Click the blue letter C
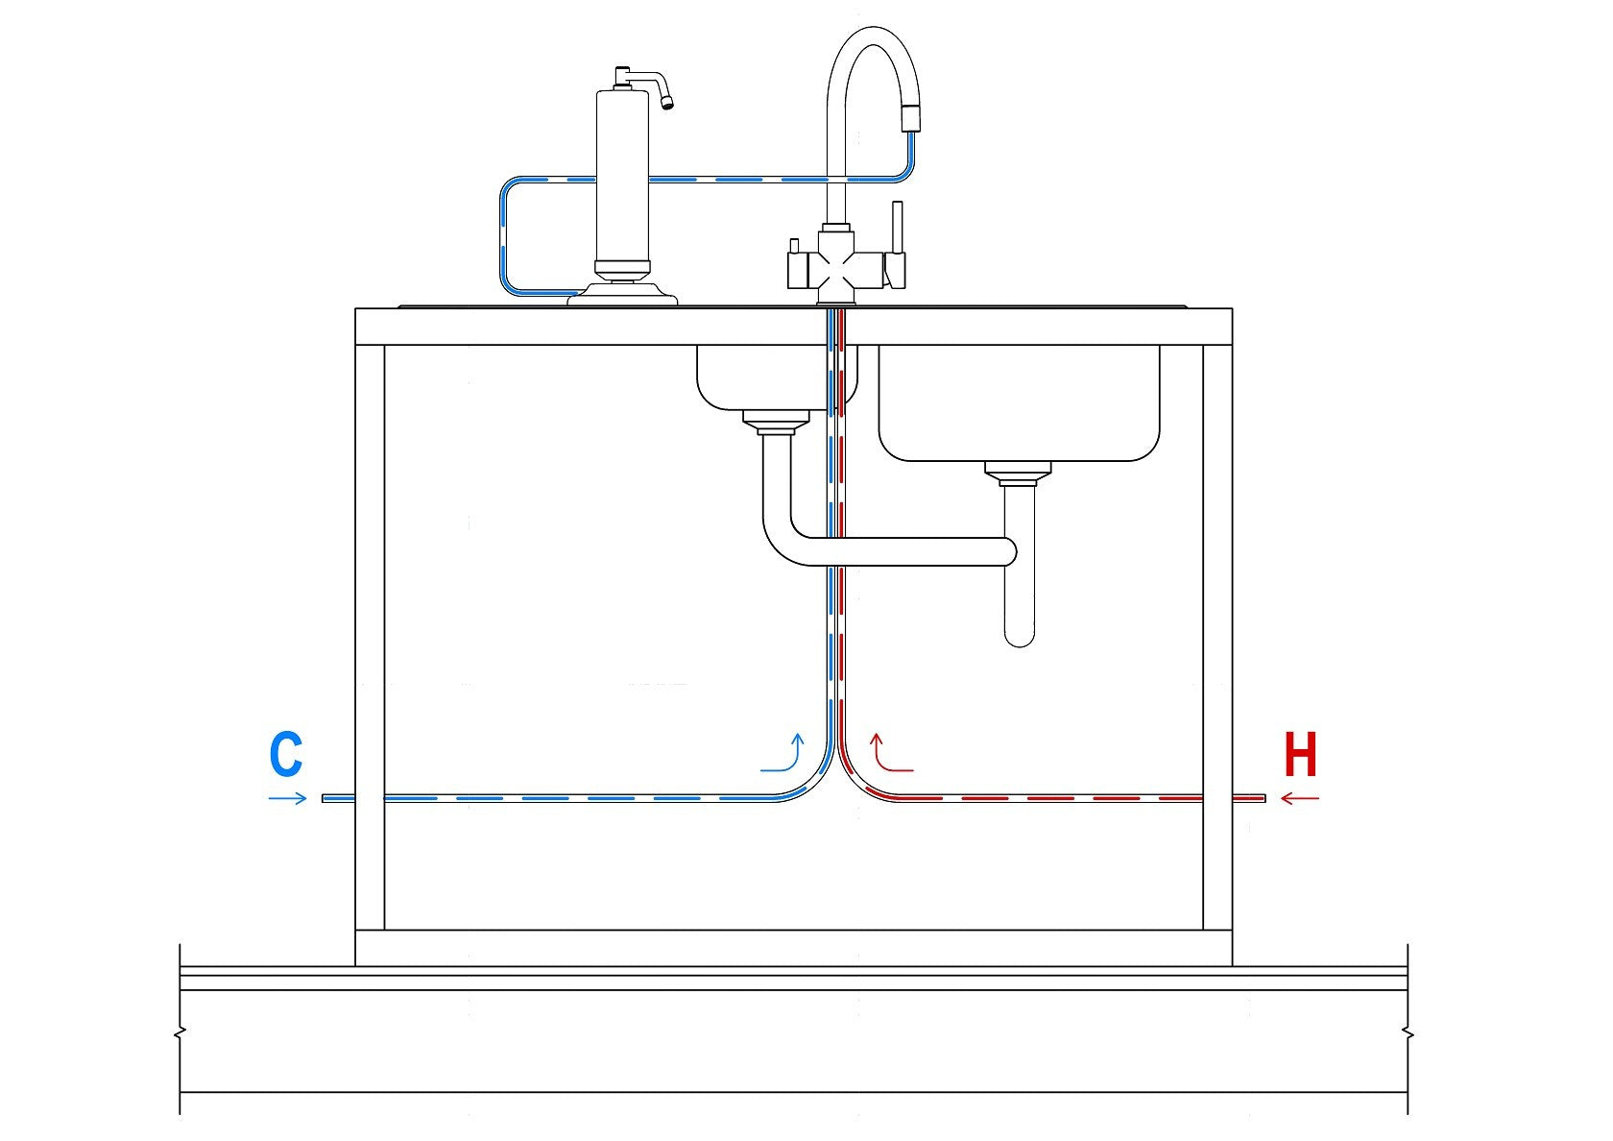[x=286, y=755]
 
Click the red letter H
[x=1301, y=755]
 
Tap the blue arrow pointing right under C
[x=287, y=798]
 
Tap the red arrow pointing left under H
[x=1301, y=798]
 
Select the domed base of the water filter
[x=622, y=292]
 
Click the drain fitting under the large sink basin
[x=1018, y=473]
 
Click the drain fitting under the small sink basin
[x=777, y=422]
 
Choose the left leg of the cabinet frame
[x=370, y=634]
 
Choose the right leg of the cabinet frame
[x=1217, y=634]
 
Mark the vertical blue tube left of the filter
[x=502, y=235]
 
